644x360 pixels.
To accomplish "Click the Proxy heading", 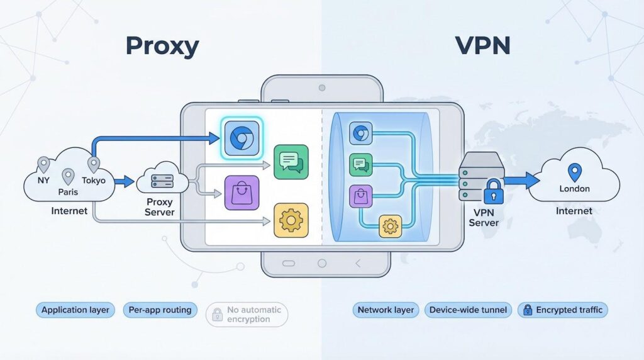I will (x=162, y=46).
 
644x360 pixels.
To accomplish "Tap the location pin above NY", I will (x=43, y=165).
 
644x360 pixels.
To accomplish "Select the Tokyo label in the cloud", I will (x=94, y=181).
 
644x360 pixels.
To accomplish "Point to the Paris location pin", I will (x=67, y=176).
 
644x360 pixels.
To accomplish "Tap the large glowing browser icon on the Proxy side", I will (x=241, y=137).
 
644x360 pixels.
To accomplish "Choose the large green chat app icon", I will (x=291, y=161).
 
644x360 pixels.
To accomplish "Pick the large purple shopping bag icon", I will (x=241, y=193).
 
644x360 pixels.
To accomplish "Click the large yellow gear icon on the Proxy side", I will (x=291, y=220).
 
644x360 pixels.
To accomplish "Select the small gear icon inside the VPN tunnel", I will (x=390, y=225).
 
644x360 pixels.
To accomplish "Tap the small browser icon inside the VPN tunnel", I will (x=360, y=133).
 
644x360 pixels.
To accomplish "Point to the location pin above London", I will (x=573, y=171).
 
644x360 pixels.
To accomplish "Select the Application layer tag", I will (x=75, y=310).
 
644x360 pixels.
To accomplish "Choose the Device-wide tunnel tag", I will (x=468, y=310).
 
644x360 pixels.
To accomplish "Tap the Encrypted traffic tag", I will (x=562, y=310).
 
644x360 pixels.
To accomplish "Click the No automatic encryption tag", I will (x=247, y=314).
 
